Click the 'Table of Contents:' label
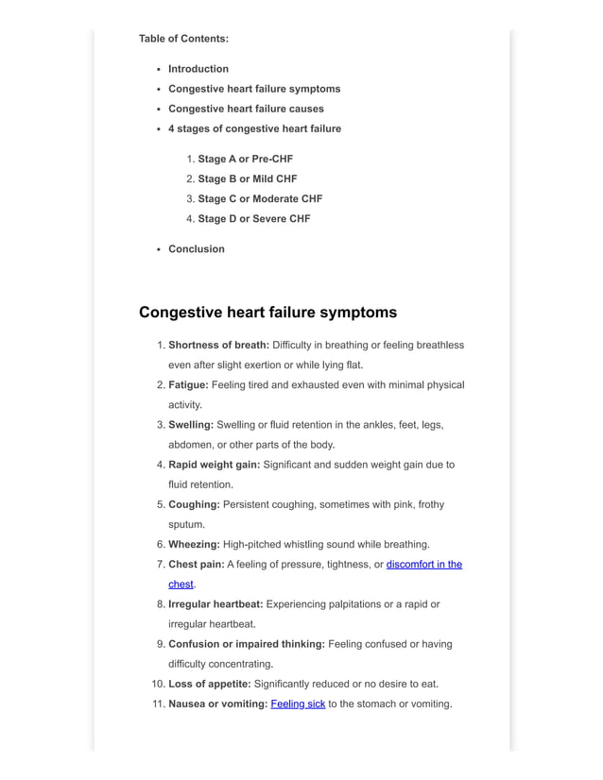pyautogui.click(x=183, y=39)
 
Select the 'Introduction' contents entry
pyautogui.click(x=198, y=69)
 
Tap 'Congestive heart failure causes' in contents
pyautogui.click(x=246, y=109)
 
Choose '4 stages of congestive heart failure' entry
pyautogui.click(x=254, y=128)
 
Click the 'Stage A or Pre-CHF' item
pyautogui.click(x=245, y=159)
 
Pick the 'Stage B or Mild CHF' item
pyautogui.click(x=247, y=178)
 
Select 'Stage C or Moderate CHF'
pyautogui.click(x=260, y=198)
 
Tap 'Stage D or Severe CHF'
pyautogui.click(x=253, y=218)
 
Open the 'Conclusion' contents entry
pyautogui.click(x=197, y=248)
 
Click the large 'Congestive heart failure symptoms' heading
pyautogui.click(x=267, y=313)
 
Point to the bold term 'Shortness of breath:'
pyautogui.click(x=218, y=345)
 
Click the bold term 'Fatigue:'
pyautogui.click(x=188, y=384)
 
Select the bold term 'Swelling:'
pyautogui.click(x=191, y=425)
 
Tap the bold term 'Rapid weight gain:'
pyautogui.click(x=214, y=465)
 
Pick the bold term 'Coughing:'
pyautogui.click(x=194, y=504)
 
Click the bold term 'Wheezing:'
pyautogui.click(x=194, y=544)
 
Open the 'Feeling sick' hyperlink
pyautogui.click(x=298, y=704)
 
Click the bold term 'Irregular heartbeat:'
pyautogui.click(x=216, y=603)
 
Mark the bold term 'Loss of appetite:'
pyautogui.click(x=210, y=684)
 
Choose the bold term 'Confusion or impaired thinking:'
pyautogui.click(x=247, y=644)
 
